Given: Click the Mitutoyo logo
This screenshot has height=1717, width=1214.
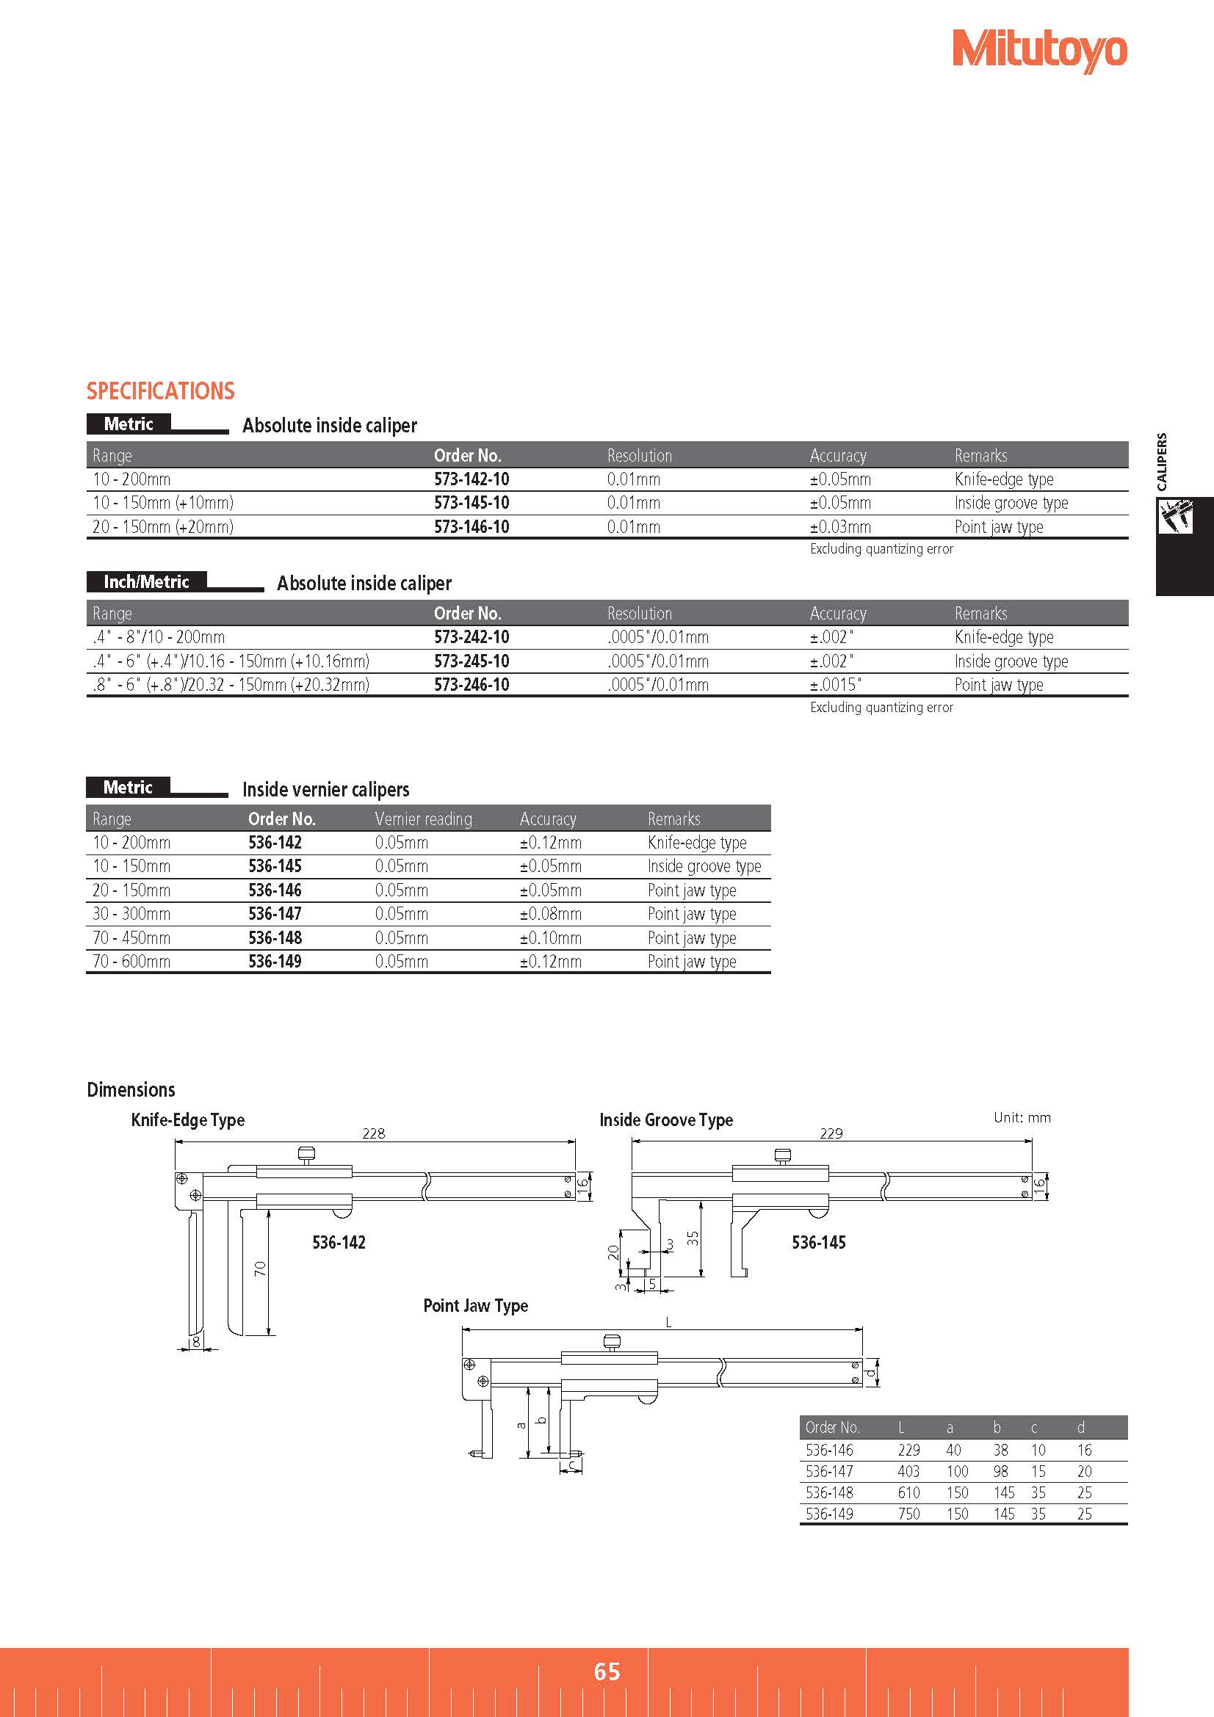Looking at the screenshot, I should coord(1039,50).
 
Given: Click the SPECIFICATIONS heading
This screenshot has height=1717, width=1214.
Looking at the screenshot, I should coord(160,391).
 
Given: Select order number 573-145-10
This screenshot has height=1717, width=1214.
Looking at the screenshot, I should coord(471,504).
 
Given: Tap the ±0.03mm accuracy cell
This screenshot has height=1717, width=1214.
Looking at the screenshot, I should coord(840,527).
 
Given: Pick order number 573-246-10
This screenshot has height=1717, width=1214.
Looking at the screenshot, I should coord(471,685).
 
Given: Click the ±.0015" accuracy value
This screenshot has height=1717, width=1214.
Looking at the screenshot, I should coord(836,685).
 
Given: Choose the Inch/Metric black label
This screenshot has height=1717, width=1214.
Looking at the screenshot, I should coord(146,582).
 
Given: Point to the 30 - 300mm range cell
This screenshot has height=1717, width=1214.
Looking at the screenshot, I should coord(131,914).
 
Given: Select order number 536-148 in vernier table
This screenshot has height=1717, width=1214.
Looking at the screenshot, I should coord(275,937).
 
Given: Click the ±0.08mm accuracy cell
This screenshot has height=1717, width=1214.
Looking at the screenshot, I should coord(551,914).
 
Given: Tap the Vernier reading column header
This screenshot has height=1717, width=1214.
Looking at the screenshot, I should coord(423,819).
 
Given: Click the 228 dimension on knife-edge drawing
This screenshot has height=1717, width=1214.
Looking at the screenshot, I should coord(373,1133).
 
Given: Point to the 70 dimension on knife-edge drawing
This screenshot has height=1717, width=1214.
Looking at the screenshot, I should coord(259,1268).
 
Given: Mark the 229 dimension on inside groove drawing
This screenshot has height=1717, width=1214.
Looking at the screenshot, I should coord(831,1133).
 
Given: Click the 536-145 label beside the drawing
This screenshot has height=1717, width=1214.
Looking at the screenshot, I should coord(818,1243).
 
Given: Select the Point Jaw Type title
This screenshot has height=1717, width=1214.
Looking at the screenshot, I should coord(476,1306).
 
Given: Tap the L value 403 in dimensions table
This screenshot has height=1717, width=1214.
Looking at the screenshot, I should coord(908,1472).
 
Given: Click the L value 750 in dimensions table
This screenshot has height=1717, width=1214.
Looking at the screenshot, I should coord(908,1514).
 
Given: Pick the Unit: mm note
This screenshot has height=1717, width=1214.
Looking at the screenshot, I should coord(1022,1118).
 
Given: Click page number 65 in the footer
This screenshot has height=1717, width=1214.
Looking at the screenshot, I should coord(607,1671).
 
